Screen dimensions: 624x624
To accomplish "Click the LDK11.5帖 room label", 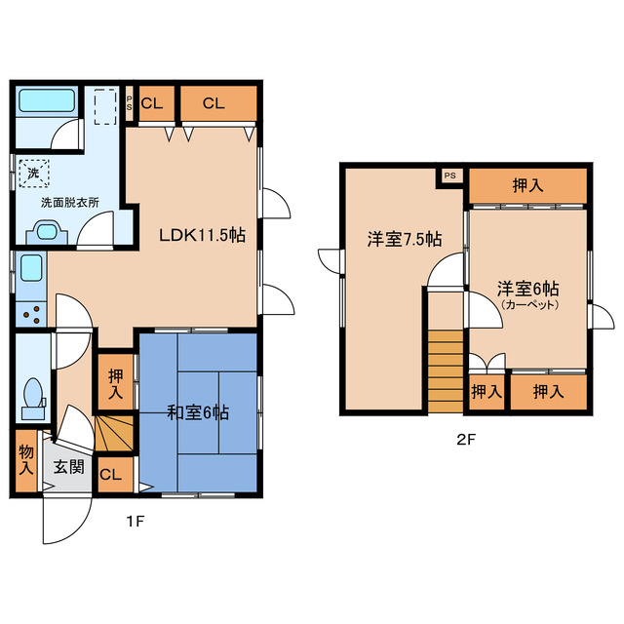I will pos(202,235).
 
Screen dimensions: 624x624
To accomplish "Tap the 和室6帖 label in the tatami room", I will pos(197,413).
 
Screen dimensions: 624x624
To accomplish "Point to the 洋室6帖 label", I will pos(527,290).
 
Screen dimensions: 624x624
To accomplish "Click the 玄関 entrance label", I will pos(68,467).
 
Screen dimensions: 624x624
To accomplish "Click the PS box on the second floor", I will pos(449,175).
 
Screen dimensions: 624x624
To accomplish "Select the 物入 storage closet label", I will pos(25,460).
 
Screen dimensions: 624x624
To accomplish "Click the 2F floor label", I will pos(465,438).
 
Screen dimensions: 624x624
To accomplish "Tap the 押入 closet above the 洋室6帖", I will pos(527,185).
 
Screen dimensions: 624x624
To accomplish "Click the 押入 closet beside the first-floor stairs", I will pos(115,383).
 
